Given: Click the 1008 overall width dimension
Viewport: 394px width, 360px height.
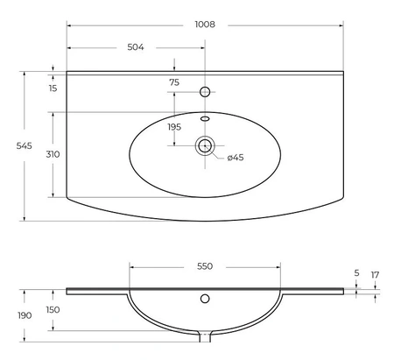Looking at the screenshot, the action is pyautogui.click(x=205, y=25).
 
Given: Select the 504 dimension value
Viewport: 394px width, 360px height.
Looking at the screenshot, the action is pyautogui.click(x=136, y=47).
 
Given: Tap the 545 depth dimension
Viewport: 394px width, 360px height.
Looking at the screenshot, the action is pyautogui.click(x=25, y=145).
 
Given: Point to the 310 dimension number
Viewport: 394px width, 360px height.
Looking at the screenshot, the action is pyautogui.click(x=53, y=154).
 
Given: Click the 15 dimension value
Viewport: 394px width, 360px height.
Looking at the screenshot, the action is pyautogui.click(x=53, y=88).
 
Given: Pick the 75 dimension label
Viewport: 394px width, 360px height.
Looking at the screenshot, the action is pyautogui.click(x=174, y=82).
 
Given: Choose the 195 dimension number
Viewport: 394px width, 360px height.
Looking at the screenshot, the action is pyautogui.click(x=174, y=127).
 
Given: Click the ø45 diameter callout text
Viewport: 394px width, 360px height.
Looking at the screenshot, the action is pyautogui.click(x=236, y=158).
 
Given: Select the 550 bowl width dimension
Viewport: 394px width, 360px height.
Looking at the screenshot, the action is pyautogui.click(x=205, y=266).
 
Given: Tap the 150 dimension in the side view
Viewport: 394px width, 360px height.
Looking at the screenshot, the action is pyautogui.click(x=53, y=310).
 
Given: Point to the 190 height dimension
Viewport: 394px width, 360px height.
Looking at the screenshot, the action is pyautogui.click(x=25, y=315).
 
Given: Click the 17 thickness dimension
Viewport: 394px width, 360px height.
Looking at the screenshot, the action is pyautogui.click(x=375, y=275).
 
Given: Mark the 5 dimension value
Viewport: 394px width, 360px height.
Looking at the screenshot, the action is pyautogui.click(x=356, y=273).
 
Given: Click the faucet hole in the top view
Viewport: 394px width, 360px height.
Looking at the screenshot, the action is pyautogui.click(x=205, y=92).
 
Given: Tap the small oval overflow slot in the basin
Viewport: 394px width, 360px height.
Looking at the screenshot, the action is pyautogui.click(x=205, y=118).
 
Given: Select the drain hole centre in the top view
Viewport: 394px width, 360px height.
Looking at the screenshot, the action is pyautogui.click(x=205, y=145).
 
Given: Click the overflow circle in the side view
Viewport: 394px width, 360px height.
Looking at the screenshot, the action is pyautogui.click(x=205, y=299).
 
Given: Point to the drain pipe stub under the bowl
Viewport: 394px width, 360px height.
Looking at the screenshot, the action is pyautogui.click(x=205, y=336).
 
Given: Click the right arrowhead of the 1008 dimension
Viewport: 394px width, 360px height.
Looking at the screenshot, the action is pyautogui.click(x=341, y=25).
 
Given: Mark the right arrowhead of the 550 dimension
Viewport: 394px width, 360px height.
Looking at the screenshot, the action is pyautogui.click(x=278, y=267).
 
